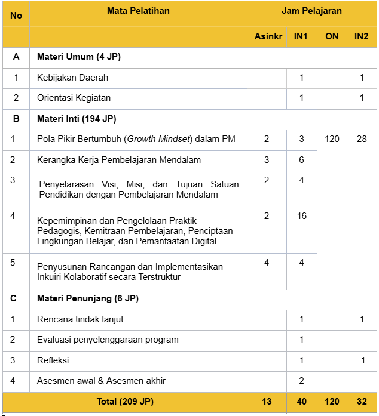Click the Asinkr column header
pyautogui.click(x=267, y=36)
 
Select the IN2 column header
pyautogui.click(x=361, y=36)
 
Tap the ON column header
pyautogui.click(x=332, y=36)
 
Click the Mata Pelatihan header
pyautogui.click(x=138, y=11)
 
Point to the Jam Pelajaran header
pyautogui.click(x=312, y=11)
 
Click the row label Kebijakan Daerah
pyautogui.click(x=72, y=78)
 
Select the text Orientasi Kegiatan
pyautogui.click(x=74, y=98)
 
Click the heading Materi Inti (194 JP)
pyautogui.click(x=76, y=119)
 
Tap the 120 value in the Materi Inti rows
pyautogui.click(x=332, y=139)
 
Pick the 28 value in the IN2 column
pyautogui.click(x=361, y=139)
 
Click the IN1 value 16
pyautogui.click(x=301, y=216)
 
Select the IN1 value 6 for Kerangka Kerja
pyautogui.click(x=301, y=160)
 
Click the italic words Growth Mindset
pyautogui.click(x=157, y=139)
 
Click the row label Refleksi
pyautogui.click(x=53, y=360)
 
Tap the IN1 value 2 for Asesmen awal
pyautogui.click(x=301, y=381)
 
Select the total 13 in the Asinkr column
pyautogui.click(x=267, y=402)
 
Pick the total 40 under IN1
pyautogui.click(x=301, y=402)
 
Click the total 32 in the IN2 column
pyautogui.click(x=361, y=402)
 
